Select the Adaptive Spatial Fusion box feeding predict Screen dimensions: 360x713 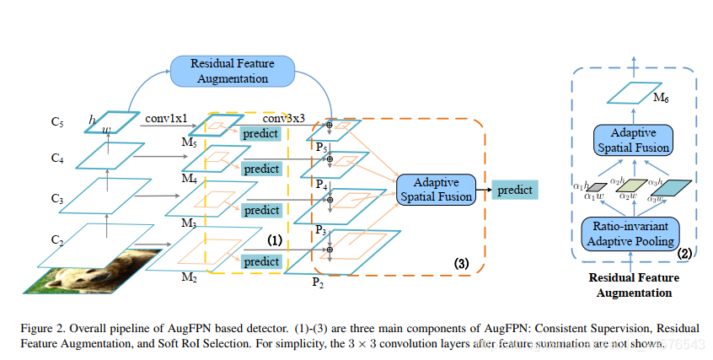432,190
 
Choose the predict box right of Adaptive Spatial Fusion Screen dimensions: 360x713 513,190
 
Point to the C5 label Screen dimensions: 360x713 57,121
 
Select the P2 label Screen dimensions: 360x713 317,281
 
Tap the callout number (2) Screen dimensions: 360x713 684,252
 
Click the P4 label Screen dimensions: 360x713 321,184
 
